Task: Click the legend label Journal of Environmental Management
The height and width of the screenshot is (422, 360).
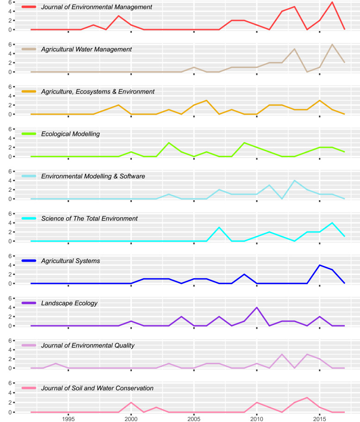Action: point(96,7)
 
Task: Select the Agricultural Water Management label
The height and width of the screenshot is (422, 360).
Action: point(87,49)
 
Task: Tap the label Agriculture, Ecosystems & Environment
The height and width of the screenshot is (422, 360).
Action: point(98,92)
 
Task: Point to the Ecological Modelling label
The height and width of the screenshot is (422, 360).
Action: point(71,134)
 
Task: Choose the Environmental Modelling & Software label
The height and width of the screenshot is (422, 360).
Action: point(93,176)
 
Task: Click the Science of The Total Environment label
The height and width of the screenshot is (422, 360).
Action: point(89,218)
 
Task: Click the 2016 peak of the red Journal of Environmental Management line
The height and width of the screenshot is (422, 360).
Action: point(332,2)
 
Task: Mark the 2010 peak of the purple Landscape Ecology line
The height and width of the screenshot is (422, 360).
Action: point(257,307)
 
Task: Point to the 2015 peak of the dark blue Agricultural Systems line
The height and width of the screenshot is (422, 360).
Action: point(320,265)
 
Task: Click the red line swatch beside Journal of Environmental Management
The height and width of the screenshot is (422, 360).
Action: point(29,7)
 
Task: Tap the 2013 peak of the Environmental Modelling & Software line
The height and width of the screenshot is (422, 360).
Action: point(294,180)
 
